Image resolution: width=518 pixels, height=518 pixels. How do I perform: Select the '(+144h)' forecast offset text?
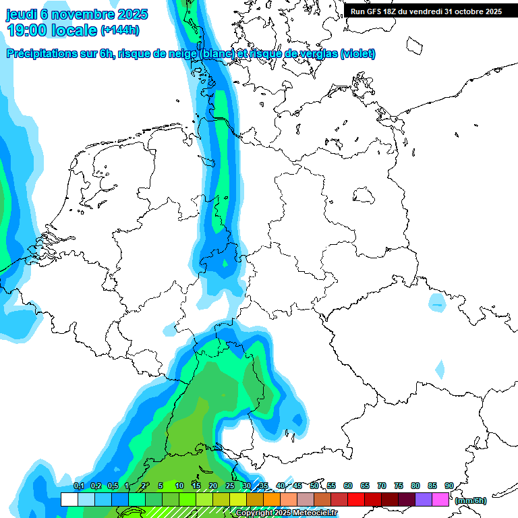pyautogui.click(x=120, y=30)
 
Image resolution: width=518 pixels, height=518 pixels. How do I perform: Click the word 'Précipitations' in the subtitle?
pyautogui.click(x=42, y=53)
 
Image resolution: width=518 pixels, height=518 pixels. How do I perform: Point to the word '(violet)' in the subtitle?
pyautogui.click(x=358, y=53)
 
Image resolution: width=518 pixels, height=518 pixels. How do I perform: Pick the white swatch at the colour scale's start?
pyautogui.click(x=69, y=499)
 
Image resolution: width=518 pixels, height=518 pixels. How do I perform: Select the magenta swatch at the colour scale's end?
pyautogui.click(x=440, y=499)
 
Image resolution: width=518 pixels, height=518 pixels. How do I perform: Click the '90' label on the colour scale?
pyautogui.click(x=449, y=486)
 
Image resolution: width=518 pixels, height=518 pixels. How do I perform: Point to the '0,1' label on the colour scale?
pyautogui.click(x=79, y=486)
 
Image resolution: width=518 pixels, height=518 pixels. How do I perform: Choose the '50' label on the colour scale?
pyautogui.click(x=314, y=486)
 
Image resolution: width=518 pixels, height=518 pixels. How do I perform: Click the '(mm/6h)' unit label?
pyautogui.click(x=470, y=500)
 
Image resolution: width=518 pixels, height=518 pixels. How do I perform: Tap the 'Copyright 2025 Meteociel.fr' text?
pyautogui.click(x=286, y=513)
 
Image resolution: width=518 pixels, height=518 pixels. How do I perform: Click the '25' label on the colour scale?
pyautogui.click(x=230, y=486)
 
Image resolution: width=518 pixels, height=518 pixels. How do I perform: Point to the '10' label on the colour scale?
pyautogui.click(x=179, y=486)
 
